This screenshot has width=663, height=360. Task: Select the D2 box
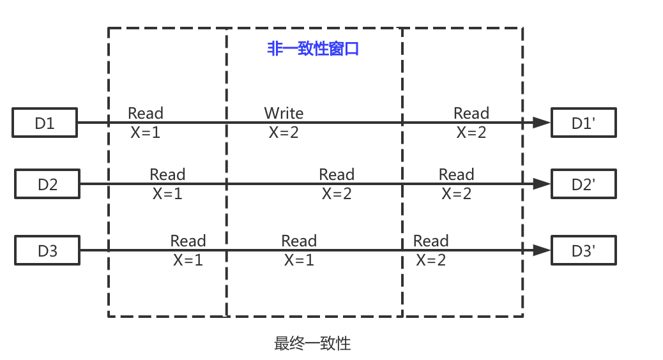tap(47, 184)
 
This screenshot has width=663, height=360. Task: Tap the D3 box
tap(47, 251)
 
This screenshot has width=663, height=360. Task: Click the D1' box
tap(584, 123)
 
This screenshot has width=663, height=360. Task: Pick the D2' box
tap(584, 184)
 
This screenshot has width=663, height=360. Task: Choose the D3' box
tap(584, 251)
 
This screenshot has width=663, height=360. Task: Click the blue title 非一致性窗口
tap(313, 49)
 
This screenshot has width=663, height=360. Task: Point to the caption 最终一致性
tap(313, 343)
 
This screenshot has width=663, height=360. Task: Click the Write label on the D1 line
tap(284, 113)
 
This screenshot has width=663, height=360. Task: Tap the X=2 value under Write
tap(284, 132)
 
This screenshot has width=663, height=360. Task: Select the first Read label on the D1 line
tap(146, 113)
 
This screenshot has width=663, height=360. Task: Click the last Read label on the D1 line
tap(471, 113)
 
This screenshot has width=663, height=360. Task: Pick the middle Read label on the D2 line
tap(337, 174)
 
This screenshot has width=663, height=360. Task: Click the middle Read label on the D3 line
tap(299, 241)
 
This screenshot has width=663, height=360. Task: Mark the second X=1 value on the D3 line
tap(299, 260)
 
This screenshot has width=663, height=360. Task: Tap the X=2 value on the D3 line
tap(431, 260)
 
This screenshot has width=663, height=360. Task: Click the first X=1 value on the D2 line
tap(167, 193)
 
